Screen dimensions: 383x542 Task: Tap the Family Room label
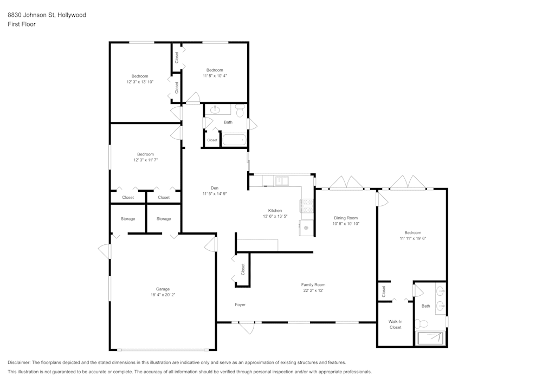[313, 284]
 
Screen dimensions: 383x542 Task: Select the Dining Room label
[346, 218]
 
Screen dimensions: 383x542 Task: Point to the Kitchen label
[275, 210]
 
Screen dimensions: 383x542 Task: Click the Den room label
[214, 188]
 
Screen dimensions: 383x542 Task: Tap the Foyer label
[240, 304]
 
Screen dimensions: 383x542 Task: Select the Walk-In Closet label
[395, 324]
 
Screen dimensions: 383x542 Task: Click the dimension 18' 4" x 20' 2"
[163, 295]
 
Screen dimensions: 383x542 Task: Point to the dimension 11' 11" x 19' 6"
[413, 238]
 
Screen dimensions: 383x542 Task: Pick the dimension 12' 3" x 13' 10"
[140, 82]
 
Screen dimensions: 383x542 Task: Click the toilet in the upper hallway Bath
[240, 111]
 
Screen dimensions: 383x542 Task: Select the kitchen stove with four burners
[307, 205]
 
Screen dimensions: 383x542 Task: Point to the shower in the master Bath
[431, 339]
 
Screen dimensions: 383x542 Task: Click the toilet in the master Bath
[422, 324]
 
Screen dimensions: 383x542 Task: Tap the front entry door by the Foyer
[247, 327]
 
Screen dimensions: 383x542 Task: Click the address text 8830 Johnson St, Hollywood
[47, 15]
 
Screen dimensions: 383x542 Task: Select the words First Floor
[22, 24]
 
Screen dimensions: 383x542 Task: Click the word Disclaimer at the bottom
[19, 362]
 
